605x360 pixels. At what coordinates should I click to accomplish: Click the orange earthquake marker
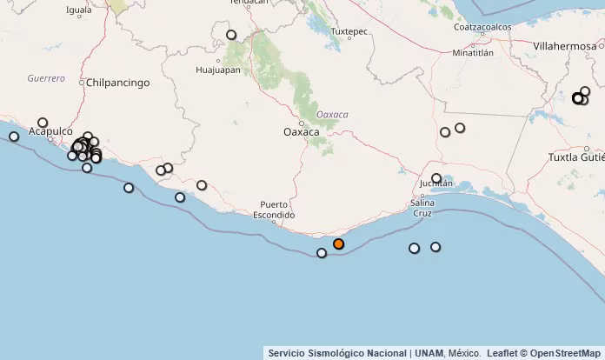(338, 244)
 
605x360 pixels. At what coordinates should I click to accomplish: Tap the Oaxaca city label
(302, 132)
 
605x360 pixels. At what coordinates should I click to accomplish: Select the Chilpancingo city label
(118, 83)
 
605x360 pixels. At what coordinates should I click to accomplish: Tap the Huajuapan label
(218, 70)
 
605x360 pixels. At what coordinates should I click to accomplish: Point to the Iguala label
(79, 10)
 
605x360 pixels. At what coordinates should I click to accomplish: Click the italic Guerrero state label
(46, 78)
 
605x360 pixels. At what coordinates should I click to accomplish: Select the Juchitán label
(436, 184)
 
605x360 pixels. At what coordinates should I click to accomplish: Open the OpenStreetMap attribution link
(565, 353)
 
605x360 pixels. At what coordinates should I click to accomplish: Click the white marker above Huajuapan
(231, 36)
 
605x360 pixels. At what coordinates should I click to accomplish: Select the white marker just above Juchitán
(436, 178)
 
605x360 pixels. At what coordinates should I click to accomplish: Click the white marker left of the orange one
(322, 253)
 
